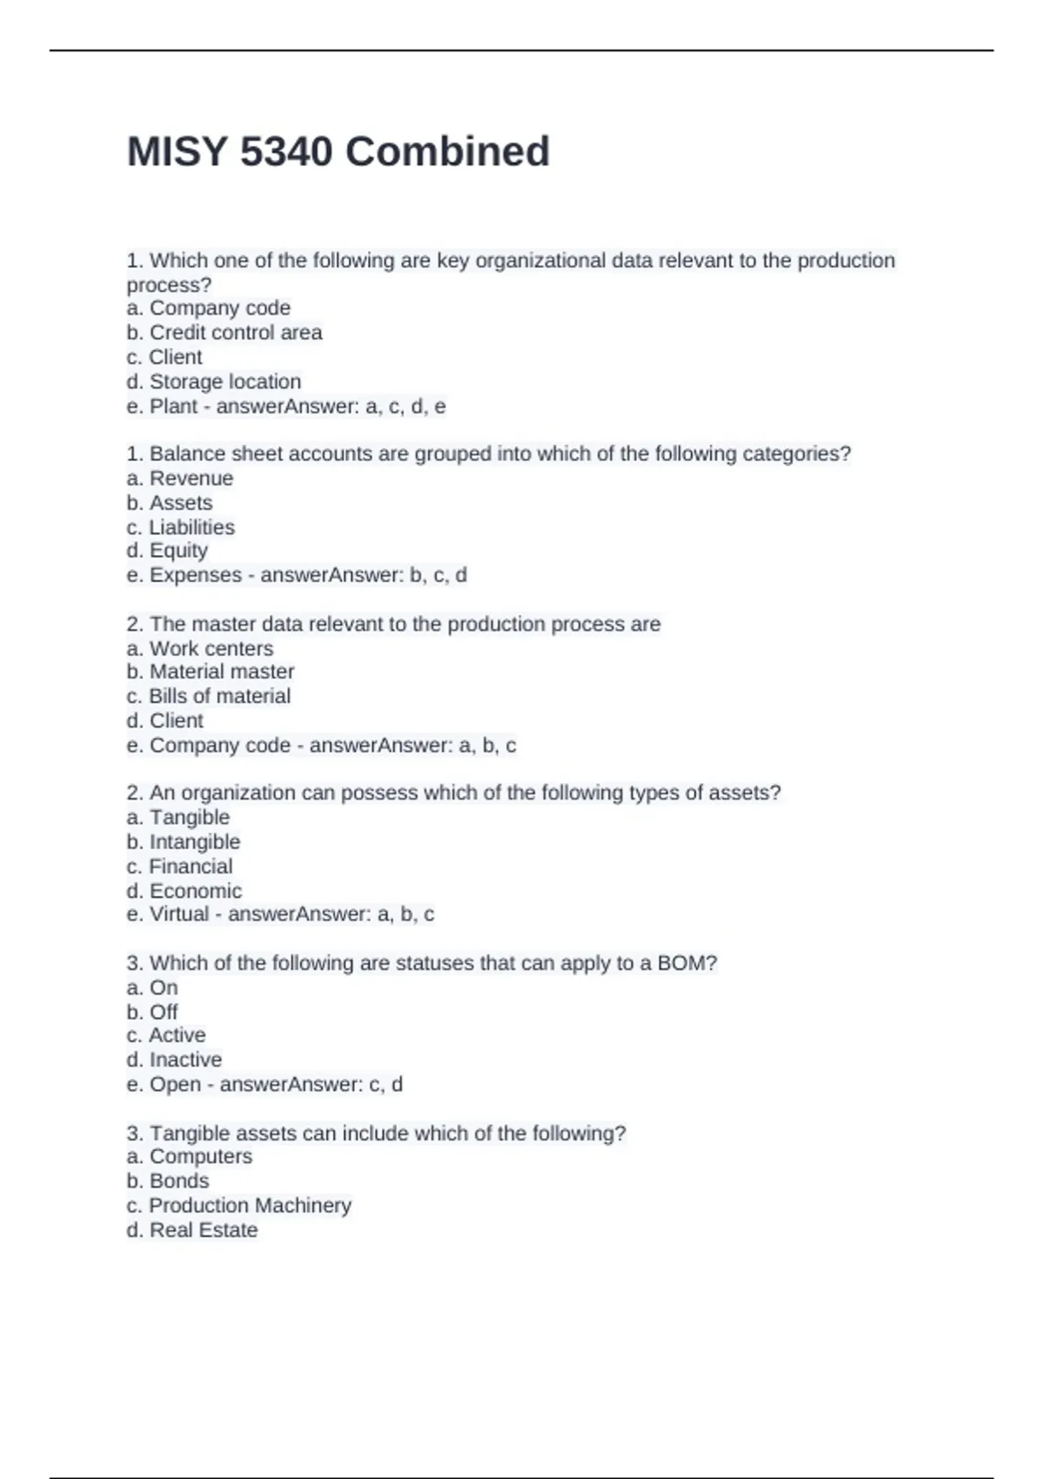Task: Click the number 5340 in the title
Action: [285, 152]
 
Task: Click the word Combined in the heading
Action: [447, 152]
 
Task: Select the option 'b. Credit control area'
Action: [224, 332]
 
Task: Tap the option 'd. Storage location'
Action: [214, 381]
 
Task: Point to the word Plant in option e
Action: [174, 406]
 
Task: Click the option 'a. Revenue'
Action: [180, 478]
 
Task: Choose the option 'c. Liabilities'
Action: [181, 527]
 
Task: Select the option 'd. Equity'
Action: [167, 551]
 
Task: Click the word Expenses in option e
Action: [196, 575]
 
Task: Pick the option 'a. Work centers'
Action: [200, 648]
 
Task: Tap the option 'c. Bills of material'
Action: [209, 696]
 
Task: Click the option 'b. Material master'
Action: [211, 672]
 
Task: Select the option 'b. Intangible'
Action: [184, 841]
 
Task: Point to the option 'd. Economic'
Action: [184, 891]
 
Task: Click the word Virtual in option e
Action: [179, 914]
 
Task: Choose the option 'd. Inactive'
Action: [174, 1060]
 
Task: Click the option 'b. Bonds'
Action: [168, 1181]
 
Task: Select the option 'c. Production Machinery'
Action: [239, 1205]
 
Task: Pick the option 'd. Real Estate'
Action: [192, 1230]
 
